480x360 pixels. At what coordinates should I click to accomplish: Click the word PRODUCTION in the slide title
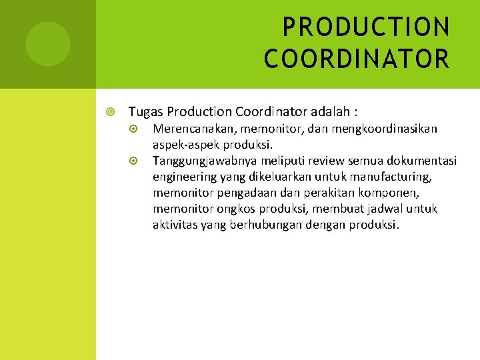pos(366,27)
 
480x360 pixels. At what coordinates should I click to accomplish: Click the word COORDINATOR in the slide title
pos(357,58)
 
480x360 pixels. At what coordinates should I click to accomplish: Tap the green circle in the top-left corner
pos(48,44)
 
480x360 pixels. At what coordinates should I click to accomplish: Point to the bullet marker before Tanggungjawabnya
pos(133,161)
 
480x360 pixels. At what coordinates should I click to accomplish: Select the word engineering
pos(185,177)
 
